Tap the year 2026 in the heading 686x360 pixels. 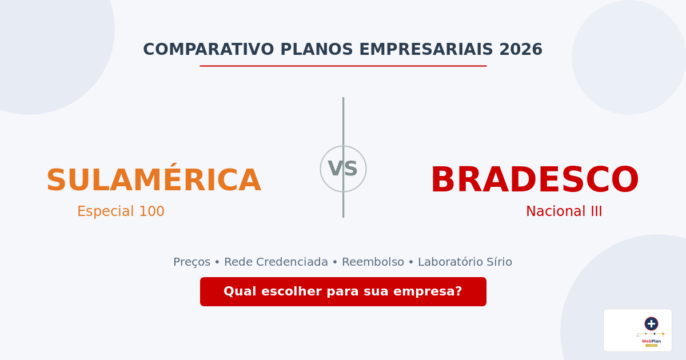click(x=520, y=50)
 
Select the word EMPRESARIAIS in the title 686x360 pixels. click(x=426, y=50)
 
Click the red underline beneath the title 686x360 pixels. click(x=343, y=66)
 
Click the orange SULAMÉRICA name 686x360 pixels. click(x=153, y=181)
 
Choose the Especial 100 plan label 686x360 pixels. click(x=121, y=211)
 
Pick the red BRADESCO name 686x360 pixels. click(x=534, y=181)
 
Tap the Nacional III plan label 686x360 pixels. click(x=564, y=211)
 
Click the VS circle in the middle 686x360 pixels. click(x=343, y=169)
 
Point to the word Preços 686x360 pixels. click(x=192, y=262)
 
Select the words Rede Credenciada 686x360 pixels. click(x=276, y=262)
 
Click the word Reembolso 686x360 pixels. click(x=373, y=262)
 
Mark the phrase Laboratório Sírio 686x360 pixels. click(x=465, y=262)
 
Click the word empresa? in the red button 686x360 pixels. click(x=433, y=291)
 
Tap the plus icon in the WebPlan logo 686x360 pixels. click(x=651, y=323)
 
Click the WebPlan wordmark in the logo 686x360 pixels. click(x=651, y=341)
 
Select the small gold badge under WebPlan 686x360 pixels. click(x=651, y=345)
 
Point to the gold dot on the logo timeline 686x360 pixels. click(x=663, y=334)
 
